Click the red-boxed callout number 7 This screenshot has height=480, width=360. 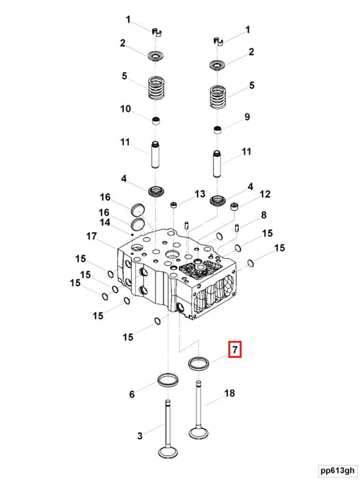pos(235,349)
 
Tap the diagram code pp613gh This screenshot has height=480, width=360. pos(337,470)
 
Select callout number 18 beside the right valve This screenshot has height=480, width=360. pos(230,393)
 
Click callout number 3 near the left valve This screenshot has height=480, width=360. pos(140,436)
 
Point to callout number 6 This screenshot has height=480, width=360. pos(132,394)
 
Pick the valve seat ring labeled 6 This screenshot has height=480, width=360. pos(167,380)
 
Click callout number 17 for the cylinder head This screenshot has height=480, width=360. pos(91,235)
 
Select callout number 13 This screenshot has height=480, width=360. pos(199,194)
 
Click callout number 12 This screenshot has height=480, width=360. pos(265,194)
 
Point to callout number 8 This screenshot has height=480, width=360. pos(263,215)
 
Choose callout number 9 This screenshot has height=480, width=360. pos(247,117)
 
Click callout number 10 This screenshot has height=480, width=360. pos(125,109)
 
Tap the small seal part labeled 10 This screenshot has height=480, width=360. pos(156,120)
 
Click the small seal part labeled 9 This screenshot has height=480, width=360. pos(218,130)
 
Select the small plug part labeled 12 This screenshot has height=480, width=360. pos(234,206)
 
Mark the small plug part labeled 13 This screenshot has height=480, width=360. pos(174,204)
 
